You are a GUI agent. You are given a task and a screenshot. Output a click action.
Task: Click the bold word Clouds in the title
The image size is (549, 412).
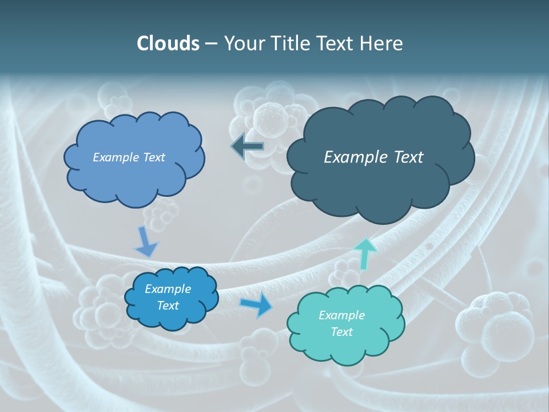click(x=168, y=43)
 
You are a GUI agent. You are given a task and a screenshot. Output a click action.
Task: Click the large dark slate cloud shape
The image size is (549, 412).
click(x=380, y=183)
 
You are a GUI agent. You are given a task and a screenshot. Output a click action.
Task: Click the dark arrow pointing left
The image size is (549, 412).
click(x=248, y=146)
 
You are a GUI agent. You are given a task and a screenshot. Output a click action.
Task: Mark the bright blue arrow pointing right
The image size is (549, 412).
click(x=257, y=305)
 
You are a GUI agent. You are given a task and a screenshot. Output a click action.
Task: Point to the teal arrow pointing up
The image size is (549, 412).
click(x=365, y=253)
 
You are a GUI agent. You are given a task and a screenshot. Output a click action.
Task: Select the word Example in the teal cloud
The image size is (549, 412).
click(x=341, y=315)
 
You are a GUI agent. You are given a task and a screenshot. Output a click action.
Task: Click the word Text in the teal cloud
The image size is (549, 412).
click(x=341, y=332)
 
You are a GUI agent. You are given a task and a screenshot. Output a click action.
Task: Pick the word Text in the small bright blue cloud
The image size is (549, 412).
click(x=168, y=306)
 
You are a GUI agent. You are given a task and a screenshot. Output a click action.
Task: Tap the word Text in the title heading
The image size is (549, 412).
click(x=336, y=43)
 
